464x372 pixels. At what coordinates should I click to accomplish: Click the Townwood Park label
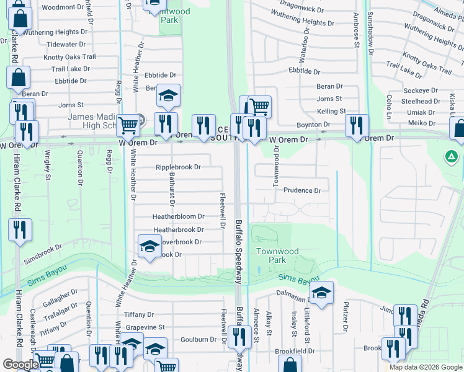coord(277,255)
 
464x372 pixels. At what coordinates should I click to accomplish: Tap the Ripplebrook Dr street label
coord(178,167)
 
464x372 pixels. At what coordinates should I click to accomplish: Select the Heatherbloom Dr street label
coord(179,216)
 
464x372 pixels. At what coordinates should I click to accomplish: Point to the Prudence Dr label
coord(302,191)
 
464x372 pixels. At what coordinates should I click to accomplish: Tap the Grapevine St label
coord(145,327)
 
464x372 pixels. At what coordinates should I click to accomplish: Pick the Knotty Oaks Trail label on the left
coord(69,57)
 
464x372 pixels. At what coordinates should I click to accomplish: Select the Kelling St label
coord(331,111)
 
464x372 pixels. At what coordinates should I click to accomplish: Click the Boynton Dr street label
coord(313,125)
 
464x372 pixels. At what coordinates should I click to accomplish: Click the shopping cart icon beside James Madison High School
coord(128,125)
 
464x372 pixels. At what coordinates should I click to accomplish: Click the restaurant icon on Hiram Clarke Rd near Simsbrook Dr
coord(19,229)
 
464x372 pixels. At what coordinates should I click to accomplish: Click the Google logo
coord(21,365)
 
